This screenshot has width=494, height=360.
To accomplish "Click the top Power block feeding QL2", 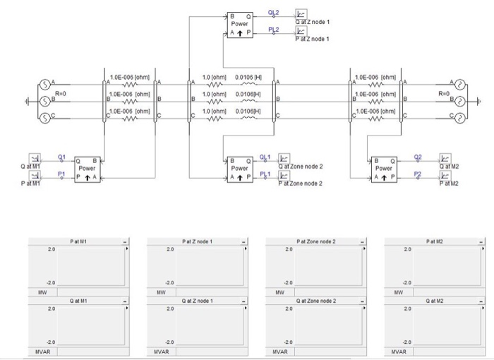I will tap(240, 23).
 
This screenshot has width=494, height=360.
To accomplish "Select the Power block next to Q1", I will tap(87, 169).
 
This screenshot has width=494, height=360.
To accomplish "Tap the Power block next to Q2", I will tap(384, 169).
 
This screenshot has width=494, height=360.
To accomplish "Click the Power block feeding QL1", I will tap(240, 169).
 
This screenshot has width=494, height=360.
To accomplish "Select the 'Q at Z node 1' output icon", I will tap(301, 14).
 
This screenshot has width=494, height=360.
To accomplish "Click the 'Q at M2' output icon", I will tap(445, 159).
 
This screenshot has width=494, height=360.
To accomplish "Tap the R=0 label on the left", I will tap(61, 93).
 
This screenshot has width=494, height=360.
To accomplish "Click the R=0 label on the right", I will tap(443, 93).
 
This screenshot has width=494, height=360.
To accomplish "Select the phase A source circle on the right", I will tap(458, 85).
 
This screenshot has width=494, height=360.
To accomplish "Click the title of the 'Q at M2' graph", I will tap(435, 301).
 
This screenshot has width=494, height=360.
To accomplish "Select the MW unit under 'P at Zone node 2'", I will tap(279, 291).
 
